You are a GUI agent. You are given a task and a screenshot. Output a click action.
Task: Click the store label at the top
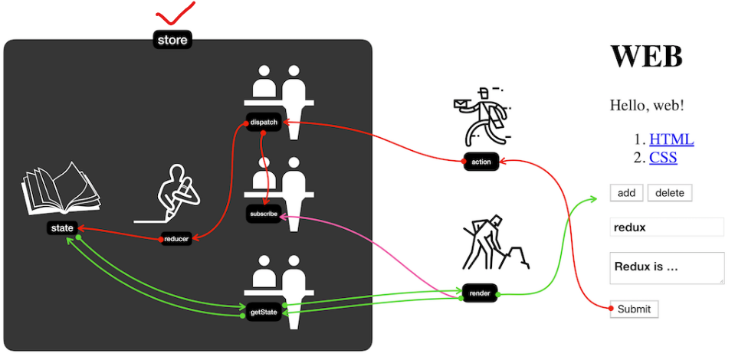172,40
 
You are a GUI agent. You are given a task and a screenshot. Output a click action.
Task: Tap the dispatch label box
264,122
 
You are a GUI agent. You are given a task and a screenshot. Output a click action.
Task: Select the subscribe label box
263,214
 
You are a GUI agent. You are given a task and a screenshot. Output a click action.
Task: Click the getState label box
264,313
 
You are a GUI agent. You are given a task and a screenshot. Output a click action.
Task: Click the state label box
61,227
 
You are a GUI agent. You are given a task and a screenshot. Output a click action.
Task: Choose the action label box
481,162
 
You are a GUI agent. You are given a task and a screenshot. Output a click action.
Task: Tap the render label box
480,293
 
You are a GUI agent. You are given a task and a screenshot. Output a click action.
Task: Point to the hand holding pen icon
178,193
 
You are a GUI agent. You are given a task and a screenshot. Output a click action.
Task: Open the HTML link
671,139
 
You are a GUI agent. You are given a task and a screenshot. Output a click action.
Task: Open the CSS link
663,158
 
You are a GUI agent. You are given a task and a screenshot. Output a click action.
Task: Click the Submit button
634,309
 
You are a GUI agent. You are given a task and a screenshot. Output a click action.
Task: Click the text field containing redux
667,227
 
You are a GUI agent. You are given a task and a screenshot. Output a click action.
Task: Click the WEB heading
646,56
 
